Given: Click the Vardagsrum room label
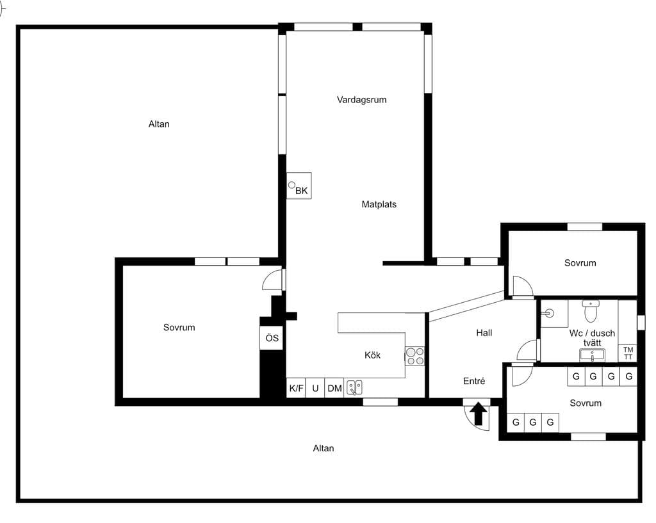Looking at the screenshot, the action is (361, 100).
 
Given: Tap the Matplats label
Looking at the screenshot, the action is (379, 204).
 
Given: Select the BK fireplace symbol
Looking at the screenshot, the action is (299, 186).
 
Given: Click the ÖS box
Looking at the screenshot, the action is (272, 338).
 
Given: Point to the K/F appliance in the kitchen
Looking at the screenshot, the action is (296, 389).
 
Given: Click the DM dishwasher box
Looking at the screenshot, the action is (334, 389).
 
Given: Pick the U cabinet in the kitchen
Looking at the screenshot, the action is (315, 389).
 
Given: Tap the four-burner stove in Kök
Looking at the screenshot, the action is (415, 356).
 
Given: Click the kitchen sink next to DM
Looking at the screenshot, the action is (354, 388).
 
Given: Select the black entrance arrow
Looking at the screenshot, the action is (478, 414).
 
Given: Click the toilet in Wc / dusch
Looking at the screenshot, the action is (590, 311).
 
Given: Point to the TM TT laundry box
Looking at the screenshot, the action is (628, 353).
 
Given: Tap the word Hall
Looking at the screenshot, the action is (484, 333).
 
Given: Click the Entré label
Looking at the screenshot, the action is (474, 381).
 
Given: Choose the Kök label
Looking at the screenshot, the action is (372, 355).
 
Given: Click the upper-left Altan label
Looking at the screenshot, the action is (159, 124).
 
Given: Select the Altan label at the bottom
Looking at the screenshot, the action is (324, 448).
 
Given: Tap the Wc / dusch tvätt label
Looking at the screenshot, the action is (592, 338).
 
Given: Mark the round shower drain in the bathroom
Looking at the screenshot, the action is (550, 313).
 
